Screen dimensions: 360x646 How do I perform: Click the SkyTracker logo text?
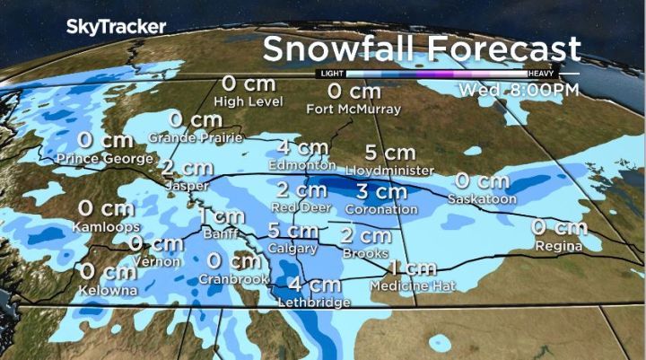pyautogui.click(x=116, y=27)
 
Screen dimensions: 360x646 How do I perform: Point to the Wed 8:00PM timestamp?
pyautogui.click(x=518, y=91)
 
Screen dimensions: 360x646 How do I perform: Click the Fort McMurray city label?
pyautogui.click(x=353, y=110)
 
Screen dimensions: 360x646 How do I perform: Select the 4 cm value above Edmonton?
pyautogui.click(x=301, y=148)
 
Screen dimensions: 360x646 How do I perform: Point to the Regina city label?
pyautogui.click(x=557, y=245)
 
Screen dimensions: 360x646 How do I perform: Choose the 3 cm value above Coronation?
pyautogui.click(x=381, y=191)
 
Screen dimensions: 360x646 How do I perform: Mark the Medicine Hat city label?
pyautogui.click(x=414, y=285)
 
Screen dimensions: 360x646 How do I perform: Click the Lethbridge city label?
pyautogui.click(x=314, y=303)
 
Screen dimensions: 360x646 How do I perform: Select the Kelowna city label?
pyautogui.click(x=107, y=291)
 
